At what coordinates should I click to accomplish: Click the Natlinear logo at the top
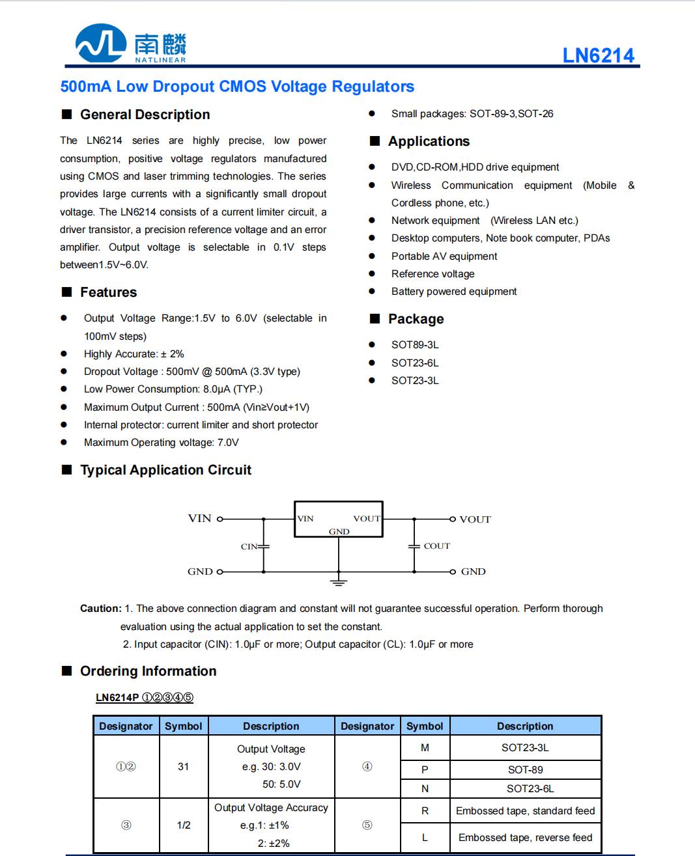[131, 44]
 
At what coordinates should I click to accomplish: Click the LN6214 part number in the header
[598, 55]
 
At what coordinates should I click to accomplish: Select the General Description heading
[145, 115]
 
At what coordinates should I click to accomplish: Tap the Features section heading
[108, 292]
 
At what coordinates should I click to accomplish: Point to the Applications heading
[429, 141]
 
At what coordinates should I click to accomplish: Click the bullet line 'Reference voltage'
[433, 274]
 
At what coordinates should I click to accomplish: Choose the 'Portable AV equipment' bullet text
[444, 256]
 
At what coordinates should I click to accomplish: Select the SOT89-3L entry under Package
[415, 345]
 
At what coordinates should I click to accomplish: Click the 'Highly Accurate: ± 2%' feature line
[134, 354]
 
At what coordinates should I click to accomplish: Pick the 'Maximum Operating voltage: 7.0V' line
[161, 443]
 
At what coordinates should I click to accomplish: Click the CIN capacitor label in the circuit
[249, 547]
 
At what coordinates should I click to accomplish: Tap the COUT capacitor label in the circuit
[436, 546]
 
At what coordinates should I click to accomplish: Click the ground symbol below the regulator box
[338, 581]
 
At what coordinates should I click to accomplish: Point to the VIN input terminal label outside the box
[199, 519]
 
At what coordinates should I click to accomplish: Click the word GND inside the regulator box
[339, 532]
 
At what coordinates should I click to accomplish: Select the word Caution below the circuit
[100, 609]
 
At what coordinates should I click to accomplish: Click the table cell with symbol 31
[184, 767]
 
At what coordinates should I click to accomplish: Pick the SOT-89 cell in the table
[525, 769]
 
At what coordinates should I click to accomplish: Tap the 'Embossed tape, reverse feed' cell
[525, 838]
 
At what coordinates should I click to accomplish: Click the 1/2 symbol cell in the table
[184, 825]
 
